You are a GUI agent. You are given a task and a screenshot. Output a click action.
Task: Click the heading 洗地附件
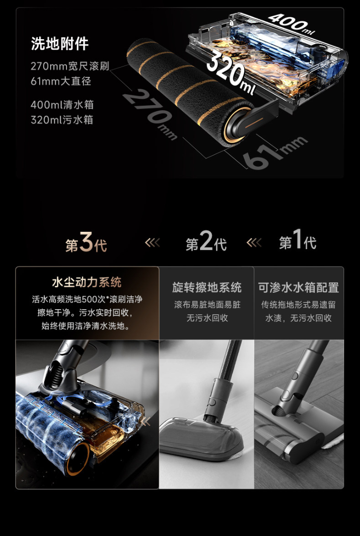(x=60, y=44)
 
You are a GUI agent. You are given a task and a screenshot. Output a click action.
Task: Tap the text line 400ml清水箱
(x=62, y=105)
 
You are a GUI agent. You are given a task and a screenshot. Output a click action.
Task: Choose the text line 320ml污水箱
(x=62, y=120)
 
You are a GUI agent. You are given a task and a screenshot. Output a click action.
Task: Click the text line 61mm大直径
(x=61, y=82)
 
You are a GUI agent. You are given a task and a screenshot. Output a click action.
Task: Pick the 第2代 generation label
(x=206, y=242)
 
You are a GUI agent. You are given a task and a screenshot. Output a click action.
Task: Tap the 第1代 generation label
(x=297, y=241)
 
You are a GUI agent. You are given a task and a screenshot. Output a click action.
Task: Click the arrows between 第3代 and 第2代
(x=152, y=243)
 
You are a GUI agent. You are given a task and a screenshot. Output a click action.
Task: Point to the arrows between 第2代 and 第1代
(x=254, y=243)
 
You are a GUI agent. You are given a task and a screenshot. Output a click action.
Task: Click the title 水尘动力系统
(x=87, y=282)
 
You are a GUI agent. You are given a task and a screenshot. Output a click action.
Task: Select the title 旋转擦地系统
(x=207, y=287)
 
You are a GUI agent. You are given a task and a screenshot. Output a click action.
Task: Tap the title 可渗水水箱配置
(x=299, y=287)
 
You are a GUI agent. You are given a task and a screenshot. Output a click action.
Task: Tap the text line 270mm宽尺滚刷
(x=70, y=66)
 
